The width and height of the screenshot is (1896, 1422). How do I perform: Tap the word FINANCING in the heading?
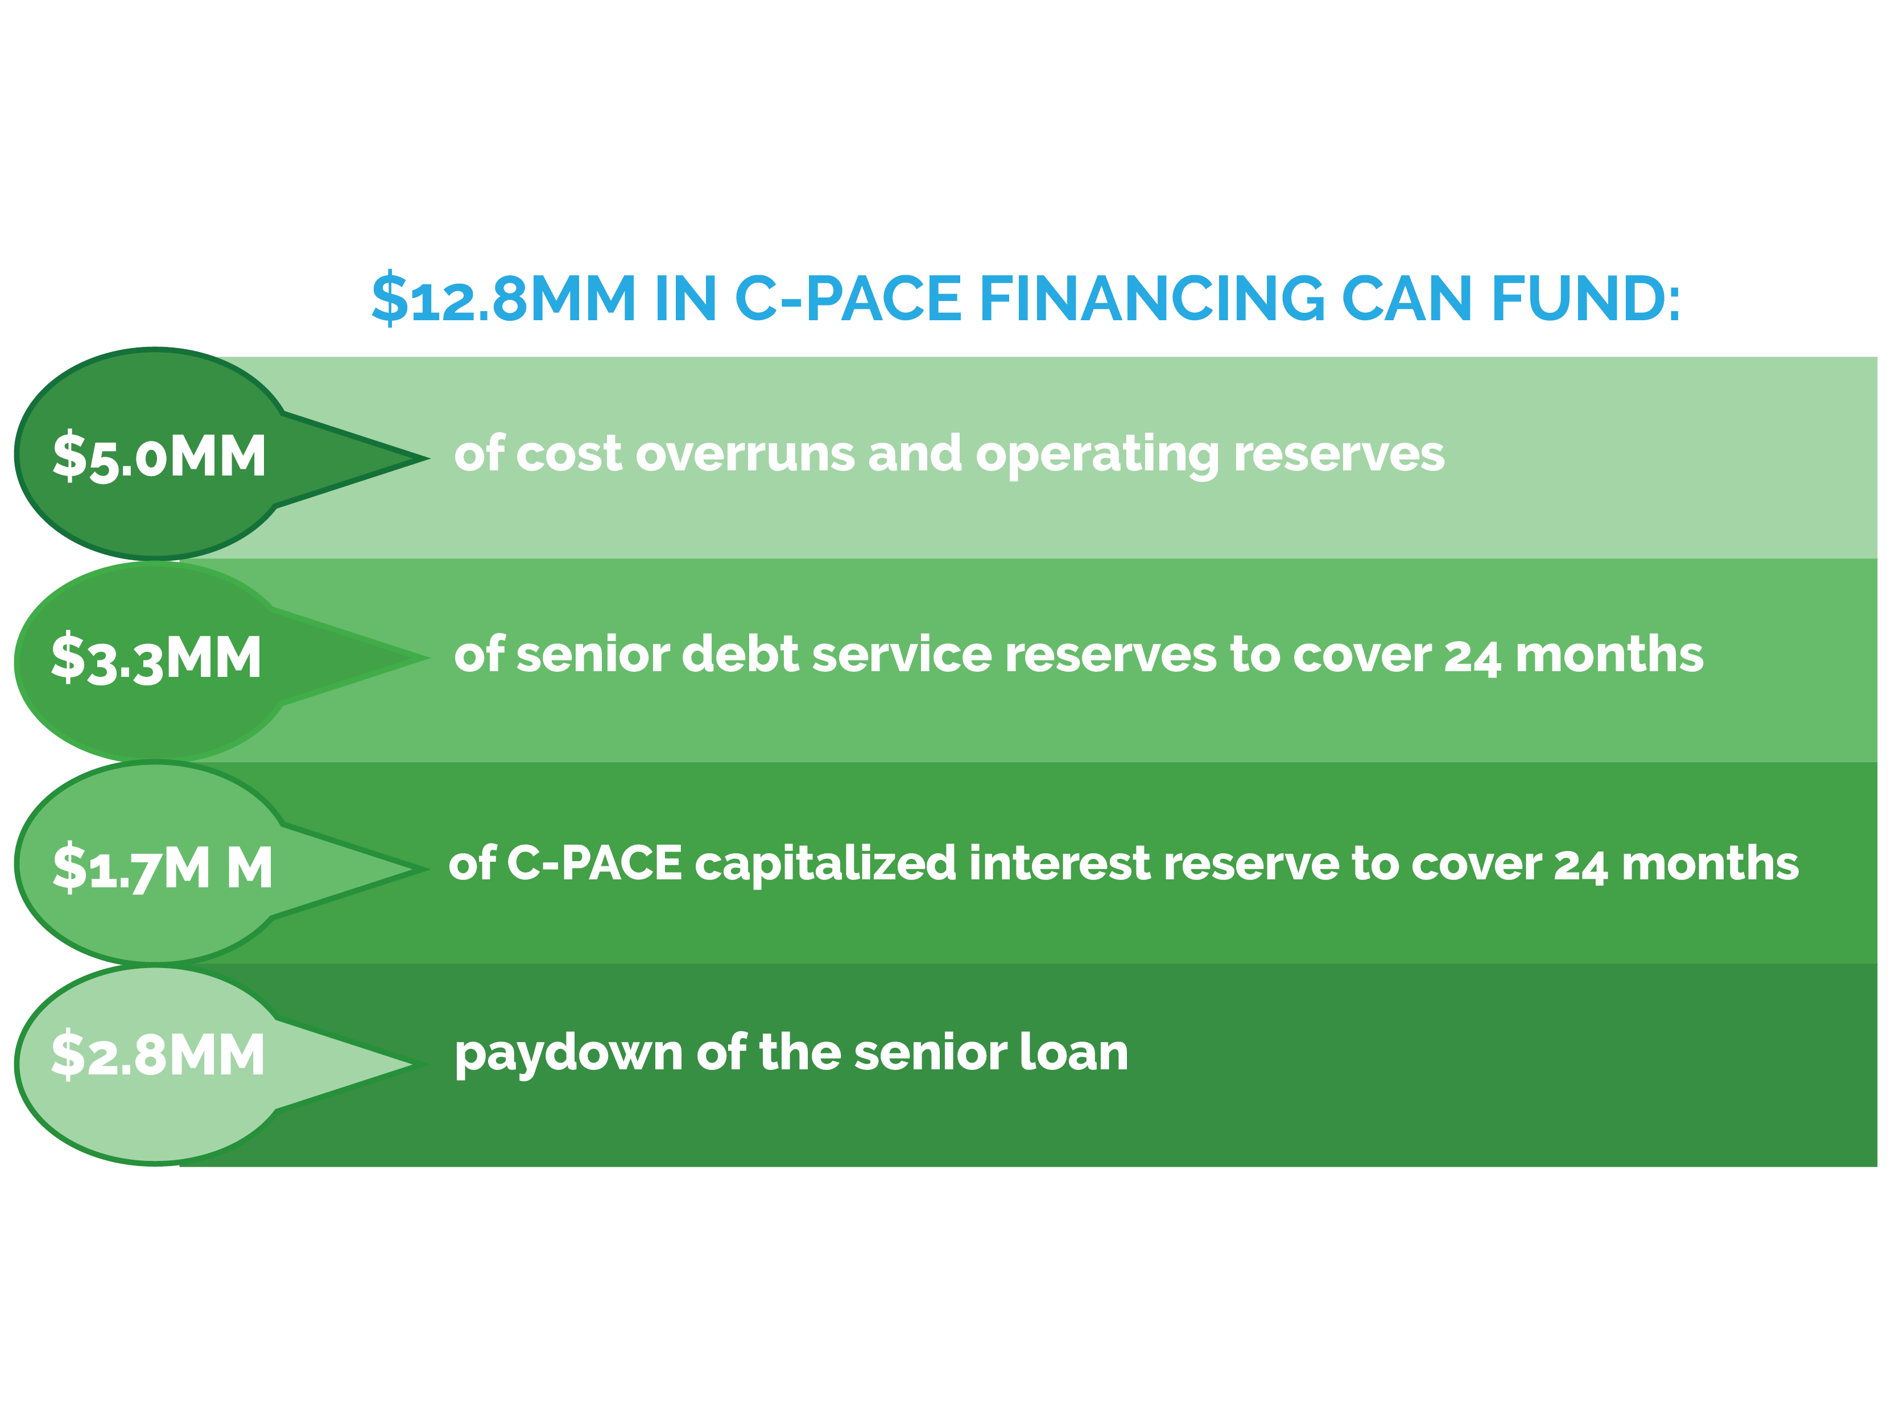coord(1151,298)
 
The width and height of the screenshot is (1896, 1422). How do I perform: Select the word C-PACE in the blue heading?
coord(849,298)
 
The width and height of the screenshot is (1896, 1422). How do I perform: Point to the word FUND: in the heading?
coord(1586,298)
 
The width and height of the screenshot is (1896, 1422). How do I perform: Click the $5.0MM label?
coord(159,456)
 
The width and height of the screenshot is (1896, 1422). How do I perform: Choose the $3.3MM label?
coord(156,658)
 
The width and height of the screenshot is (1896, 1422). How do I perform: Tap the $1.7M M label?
coord(163,867)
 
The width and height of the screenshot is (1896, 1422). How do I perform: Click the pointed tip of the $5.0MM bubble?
coord(428,458)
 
